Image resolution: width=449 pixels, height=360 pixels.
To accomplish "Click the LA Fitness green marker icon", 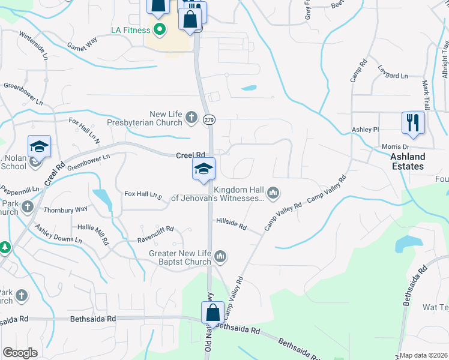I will coord(159,29).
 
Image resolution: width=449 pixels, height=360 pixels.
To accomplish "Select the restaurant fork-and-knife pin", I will coord(413,122).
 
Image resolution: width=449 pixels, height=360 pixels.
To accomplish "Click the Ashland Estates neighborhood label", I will coord(408,161).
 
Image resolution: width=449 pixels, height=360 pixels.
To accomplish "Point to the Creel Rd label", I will coord(191,155).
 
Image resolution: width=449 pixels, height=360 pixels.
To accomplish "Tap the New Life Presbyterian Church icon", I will coord(191,116).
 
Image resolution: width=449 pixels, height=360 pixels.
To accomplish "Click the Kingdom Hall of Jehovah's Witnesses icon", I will coord(274,192).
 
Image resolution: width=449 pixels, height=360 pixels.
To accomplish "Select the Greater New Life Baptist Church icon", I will coord(220,257).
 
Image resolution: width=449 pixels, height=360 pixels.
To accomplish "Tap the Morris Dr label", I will coord(395,146).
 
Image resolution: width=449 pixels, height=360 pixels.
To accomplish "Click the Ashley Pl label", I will coord(366,129).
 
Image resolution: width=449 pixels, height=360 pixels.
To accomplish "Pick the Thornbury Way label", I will coord(65,209).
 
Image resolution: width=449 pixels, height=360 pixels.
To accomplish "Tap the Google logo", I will coord(20,353).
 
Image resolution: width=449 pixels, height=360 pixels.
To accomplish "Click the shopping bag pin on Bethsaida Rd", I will coord(212,313).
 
